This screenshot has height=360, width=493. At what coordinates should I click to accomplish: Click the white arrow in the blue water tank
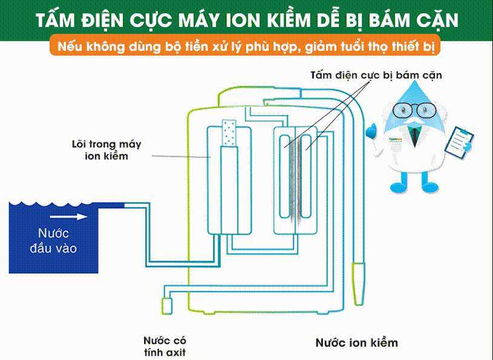[68, 217]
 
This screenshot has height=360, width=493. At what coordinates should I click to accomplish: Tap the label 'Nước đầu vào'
[53, 241]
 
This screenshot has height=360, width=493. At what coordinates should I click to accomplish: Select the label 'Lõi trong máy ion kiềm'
[107, 150]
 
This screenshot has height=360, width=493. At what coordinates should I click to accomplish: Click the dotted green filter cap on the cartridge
[229, 133]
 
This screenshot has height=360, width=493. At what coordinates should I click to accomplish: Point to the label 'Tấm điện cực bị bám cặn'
[376, 76]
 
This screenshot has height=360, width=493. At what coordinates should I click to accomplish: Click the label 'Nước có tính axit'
[165, 346]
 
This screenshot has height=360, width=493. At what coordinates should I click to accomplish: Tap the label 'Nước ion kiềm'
[357, 342]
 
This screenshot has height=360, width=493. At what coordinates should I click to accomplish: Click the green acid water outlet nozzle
[167, 306]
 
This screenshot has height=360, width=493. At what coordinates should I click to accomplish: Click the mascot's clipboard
[459, 142]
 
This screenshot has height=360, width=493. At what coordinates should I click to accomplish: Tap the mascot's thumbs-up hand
[371, 131]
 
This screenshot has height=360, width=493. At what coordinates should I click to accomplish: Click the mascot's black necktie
[415, 137]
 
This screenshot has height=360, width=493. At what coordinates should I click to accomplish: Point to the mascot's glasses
[415, 110]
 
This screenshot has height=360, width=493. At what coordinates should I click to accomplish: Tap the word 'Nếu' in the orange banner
[70, 47]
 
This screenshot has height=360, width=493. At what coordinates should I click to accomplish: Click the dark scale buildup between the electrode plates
[295, 179]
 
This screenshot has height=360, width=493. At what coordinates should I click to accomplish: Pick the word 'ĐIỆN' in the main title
[102, 20]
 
